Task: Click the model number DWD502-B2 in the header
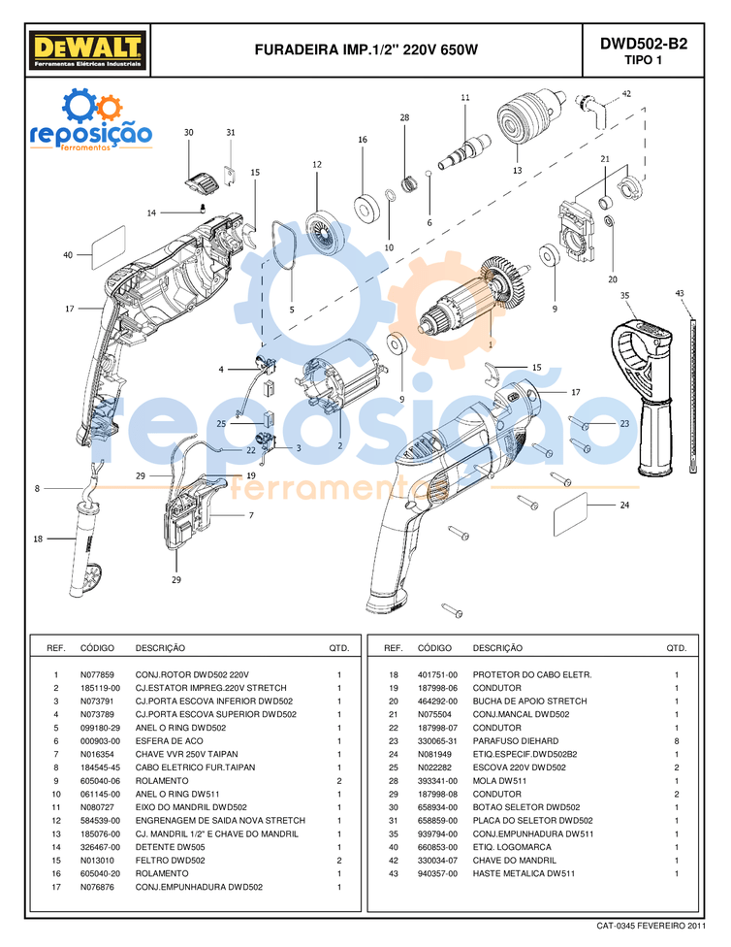(643, 43)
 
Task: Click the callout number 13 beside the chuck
(517, 170)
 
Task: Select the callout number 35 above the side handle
(624, 295)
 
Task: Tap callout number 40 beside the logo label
(68, 255)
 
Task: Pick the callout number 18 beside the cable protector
(38, 539)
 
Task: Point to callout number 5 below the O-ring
(291, 310)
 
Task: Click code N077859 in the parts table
(97, 674)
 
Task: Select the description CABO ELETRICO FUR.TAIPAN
(195, 767)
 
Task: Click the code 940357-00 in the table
(437, 873)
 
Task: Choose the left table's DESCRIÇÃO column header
(160, 648)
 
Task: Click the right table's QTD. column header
(676, 648)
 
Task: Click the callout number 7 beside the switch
(250, 515)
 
